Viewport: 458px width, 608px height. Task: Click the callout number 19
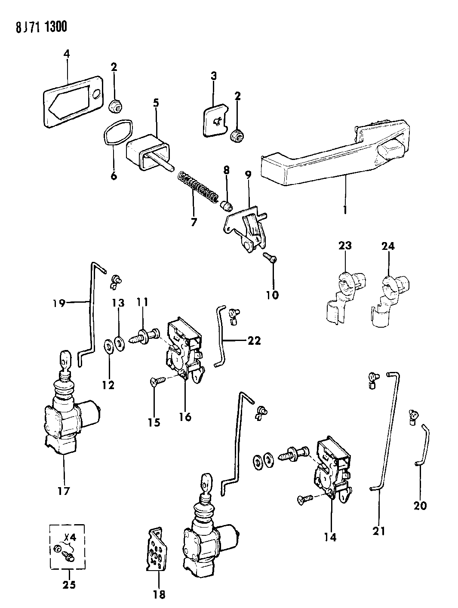click(x=59, y=304)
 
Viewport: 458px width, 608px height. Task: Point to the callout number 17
click(x=63, y=490)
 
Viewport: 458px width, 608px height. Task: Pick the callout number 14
click(x=330, y=537)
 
